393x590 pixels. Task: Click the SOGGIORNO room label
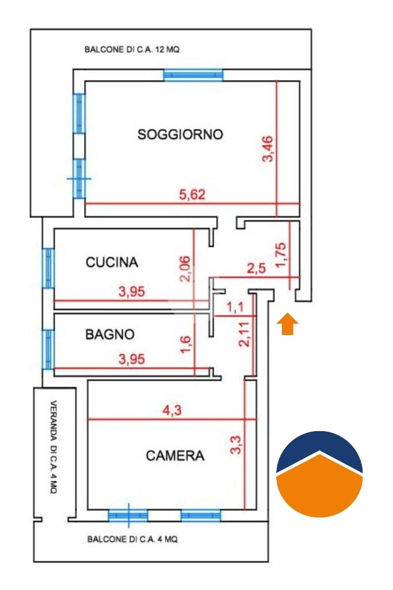click(180, 134)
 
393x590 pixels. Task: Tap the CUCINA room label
click(112, 262)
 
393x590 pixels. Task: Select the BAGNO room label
click(110, 334)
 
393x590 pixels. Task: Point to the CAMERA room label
click(175, 456)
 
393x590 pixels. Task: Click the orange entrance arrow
click(288, 323)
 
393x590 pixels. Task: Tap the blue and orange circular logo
click(319, 474)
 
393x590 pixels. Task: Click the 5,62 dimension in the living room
click(192, 195)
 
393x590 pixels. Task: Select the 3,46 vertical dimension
click(268, 149)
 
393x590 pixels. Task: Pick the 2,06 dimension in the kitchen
click(185, 269)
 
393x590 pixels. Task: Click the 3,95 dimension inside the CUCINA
click(132, 291)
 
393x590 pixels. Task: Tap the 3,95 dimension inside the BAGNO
click(132, 359)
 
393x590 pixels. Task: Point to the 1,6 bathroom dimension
click(185, 345)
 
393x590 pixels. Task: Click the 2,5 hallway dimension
click(256, 268)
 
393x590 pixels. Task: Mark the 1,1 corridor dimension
click(235, 307)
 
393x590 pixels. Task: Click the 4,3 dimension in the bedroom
click(172, 409)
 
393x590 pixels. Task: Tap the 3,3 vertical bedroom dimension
click(235, 444)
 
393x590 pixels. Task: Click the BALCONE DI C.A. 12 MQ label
click(132, 50)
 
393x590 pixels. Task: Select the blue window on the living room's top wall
click(193, 75)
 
